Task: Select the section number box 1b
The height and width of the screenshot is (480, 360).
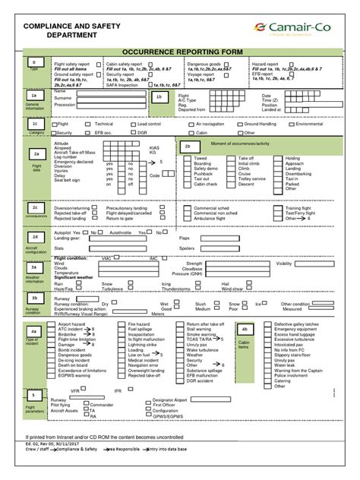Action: (x=158, y=97)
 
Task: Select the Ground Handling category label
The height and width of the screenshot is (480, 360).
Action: (x=261, y=123)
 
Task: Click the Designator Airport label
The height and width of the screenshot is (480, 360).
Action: (x=175, y=399)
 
